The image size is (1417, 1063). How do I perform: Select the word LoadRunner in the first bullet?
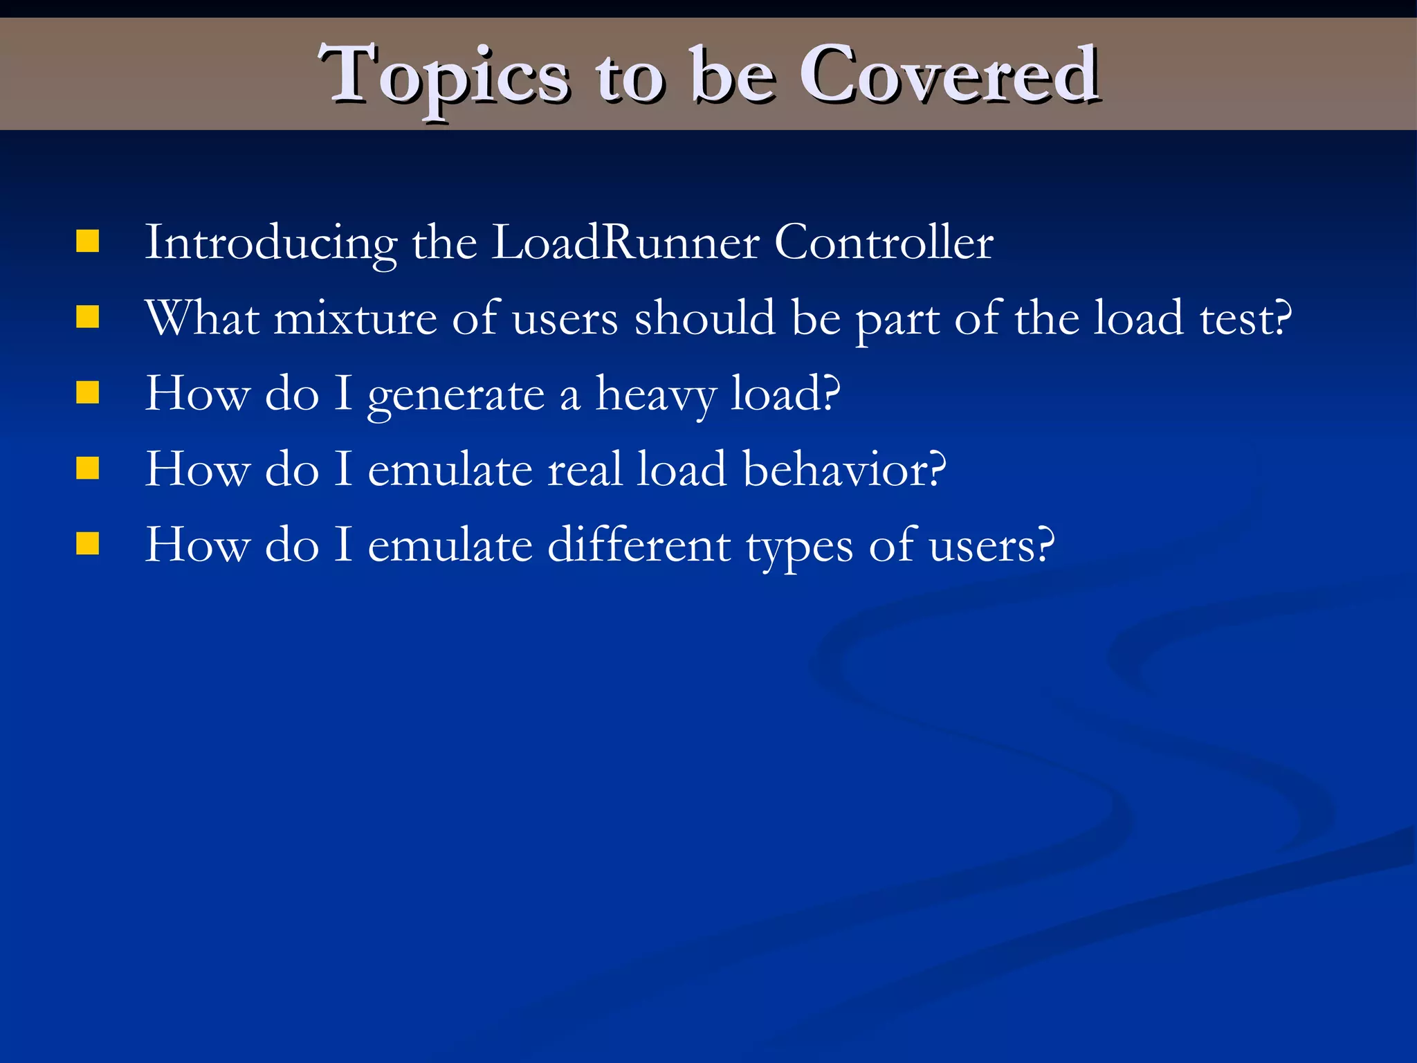(625, 243)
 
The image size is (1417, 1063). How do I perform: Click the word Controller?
(884, 243)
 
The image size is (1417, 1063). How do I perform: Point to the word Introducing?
(271, 243)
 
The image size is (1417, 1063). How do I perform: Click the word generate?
(456, 396)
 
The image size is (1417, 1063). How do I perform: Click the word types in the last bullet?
(799, 547)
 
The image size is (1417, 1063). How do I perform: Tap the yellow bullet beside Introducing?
(88, 242)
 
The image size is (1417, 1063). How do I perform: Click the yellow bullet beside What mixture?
(88, 318)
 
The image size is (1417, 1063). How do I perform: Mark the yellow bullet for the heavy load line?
(88, 393)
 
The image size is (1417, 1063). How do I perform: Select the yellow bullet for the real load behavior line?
(88, 469)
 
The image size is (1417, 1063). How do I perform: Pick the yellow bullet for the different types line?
(88, 544)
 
